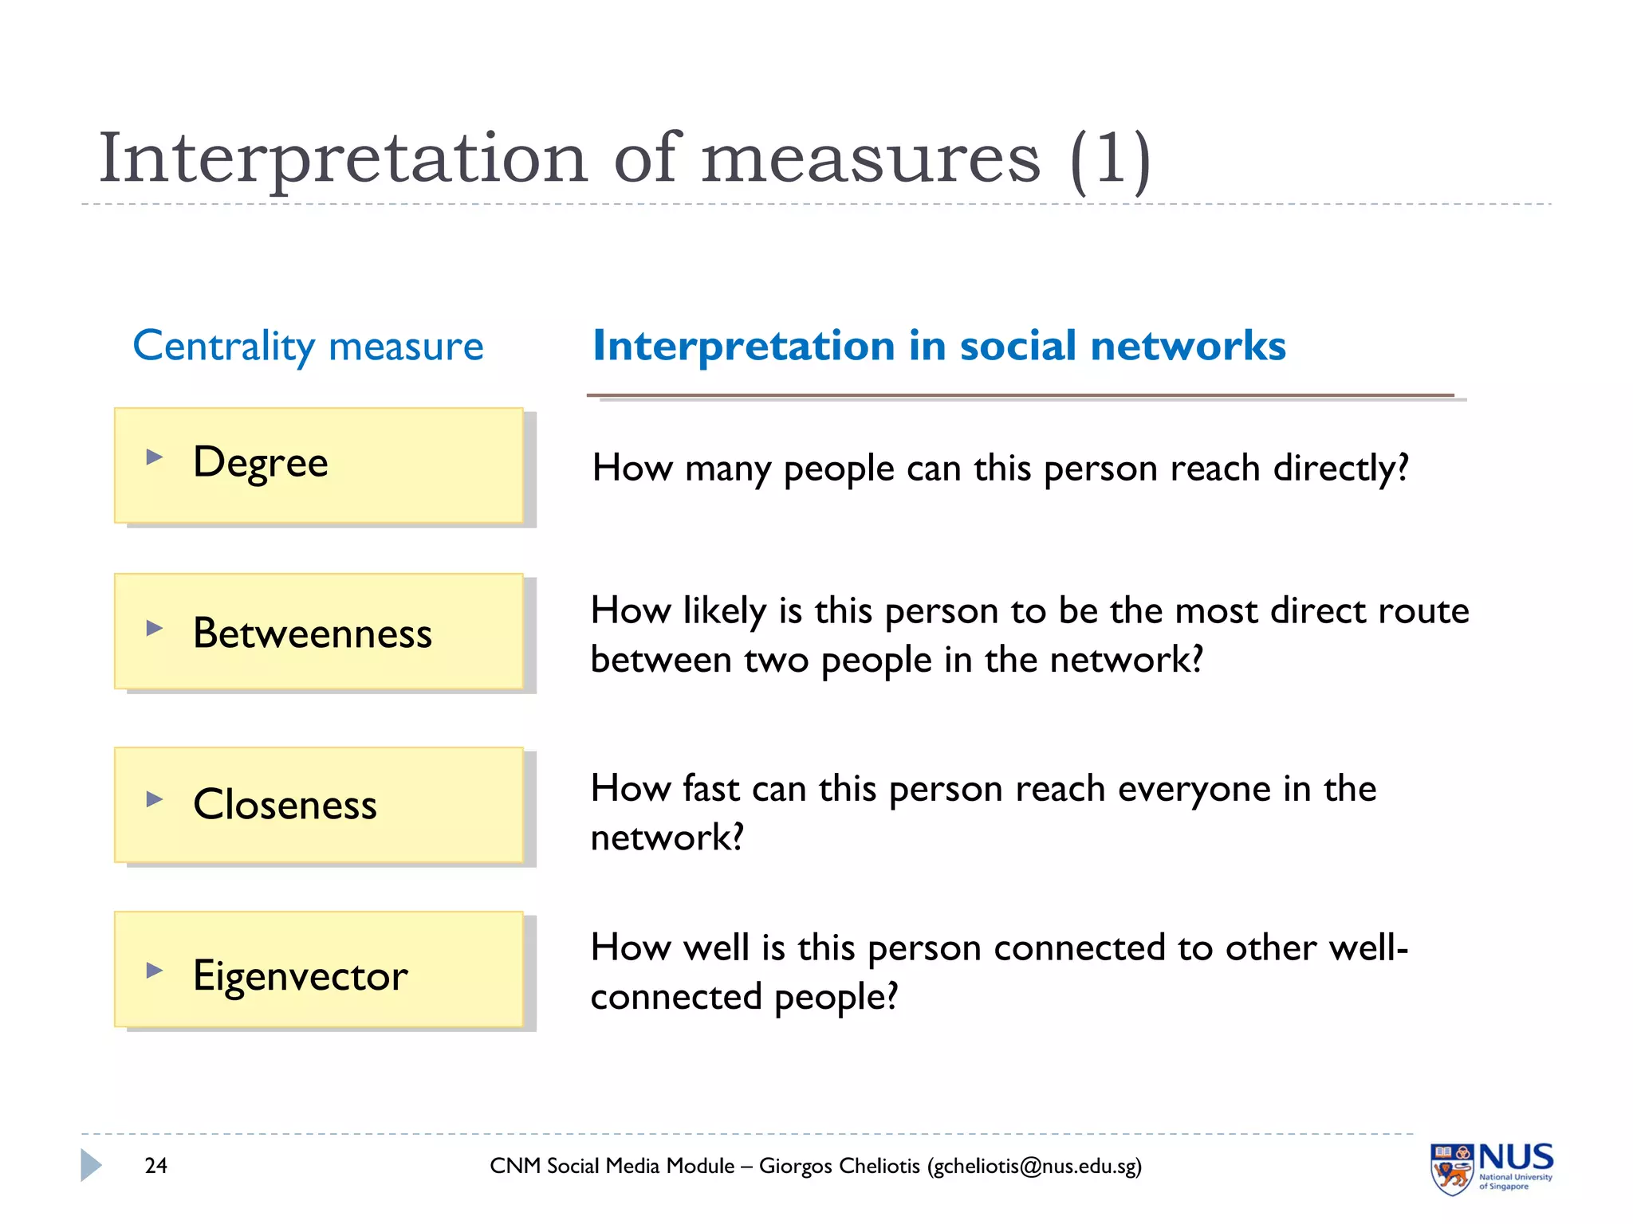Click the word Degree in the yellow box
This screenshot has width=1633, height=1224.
pos(260,463)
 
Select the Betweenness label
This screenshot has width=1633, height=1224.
pos(312,634)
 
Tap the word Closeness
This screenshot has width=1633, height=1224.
pos(285,804)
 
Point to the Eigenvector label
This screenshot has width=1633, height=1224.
pos(300,975)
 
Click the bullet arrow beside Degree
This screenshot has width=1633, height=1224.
pos(155,457)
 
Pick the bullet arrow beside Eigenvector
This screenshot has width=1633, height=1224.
pos(155,971)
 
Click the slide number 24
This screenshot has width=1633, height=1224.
pos(156,1166)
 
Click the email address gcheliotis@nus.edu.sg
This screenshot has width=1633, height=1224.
pos(1034,1167)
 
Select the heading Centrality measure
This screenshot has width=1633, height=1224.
pos(308,347)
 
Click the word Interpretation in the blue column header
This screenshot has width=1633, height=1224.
pos(743,347)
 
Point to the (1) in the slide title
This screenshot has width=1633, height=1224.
pos(1110,160)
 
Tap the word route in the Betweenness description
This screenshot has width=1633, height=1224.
pos(1419,611)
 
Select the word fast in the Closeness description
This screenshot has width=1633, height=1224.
pos(711,789)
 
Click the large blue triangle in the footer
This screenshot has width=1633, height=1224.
pos(91,1165)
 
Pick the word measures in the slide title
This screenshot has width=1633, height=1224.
pos(871,160)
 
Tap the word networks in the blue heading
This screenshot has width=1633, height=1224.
pos(1187,347)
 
